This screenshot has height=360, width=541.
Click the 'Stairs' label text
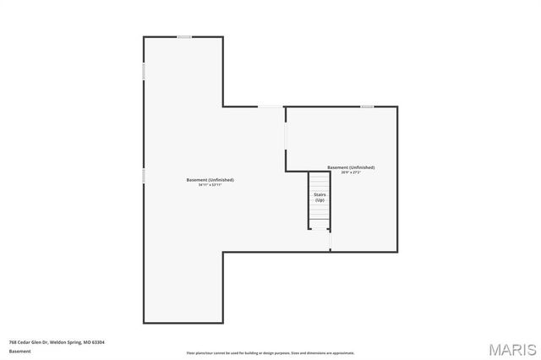320,195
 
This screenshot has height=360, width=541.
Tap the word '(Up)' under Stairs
320,200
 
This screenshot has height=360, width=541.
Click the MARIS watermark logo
511,348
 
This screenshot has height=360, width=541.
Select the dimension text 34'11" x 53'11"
210,184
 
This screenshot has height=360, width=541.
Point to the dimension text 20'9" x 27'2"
351,172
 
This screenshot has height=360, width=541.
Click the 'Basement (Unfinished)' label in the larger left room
210,179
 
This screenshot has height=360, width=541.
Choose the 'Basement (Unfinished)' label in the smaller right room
351,167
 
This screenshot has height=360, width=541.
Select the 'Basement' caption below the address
19,352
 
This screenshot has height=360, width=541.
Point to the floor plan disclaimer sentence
270,353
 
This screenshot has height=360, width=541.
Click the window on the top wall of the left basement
184,37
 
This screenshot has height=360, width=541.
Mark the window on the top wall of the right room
367,106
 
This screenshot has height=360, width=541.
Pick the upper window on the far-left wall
144,73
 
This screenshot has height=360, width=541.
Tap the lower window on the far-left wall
144,175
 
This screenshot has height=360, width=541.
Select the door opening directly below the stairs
330,240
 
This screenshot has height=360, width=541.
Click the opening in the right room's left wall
286,135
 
